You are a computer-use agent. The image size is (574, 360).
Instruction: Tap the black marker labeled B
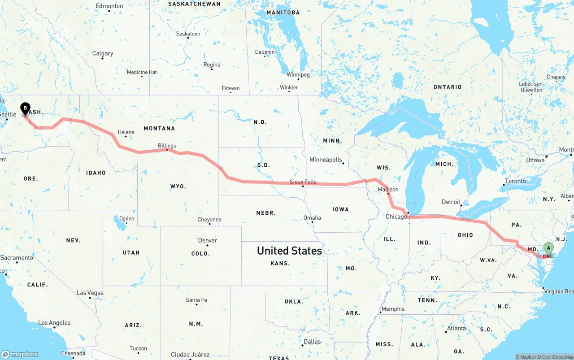click(26, 108)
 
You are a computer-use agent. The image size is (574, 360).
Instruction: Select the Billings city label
click(167, 146)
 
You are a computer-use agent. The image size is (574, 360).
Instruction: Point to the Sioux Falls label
click(303, 182)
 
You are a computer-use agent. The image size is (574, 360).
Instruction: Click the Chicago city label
click(396, 217)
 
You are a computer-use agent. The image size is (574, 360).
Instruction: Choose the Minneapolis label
click(326, 160)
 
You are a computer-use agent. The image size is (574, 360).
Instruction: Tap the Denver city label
click(208, 240)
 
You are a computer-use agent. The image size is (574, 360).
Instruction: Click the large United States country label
click(289, 251)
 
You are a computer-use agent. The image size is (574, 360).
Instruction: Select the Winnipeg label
click(298, 74)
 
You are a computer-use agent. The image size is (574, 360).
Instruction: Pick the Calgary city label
click(103, 53)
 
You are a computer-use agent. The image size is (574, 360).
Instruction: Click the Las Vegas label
click(90, 293)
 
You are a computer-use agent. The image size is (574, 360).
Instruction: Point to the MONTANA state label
click(159, 128)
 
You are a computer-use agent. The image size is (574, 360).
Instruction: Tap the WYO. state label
click(178, 186)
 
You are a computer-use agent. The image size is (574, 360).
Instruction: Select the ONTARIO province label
click(447, 87)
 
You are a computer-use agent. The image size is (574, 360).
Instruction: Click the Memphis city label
click(393, 309)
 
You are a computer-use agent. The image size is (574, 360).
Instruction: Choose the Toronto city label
click(515, 181)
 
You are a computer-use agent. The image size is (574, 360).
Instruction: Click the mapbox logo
click(20, 354)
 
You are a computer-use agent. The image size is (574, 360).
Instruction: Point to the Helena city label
click(126, 132)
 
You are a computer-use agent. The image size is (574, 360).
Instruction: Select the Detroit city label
click(451, 202)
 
